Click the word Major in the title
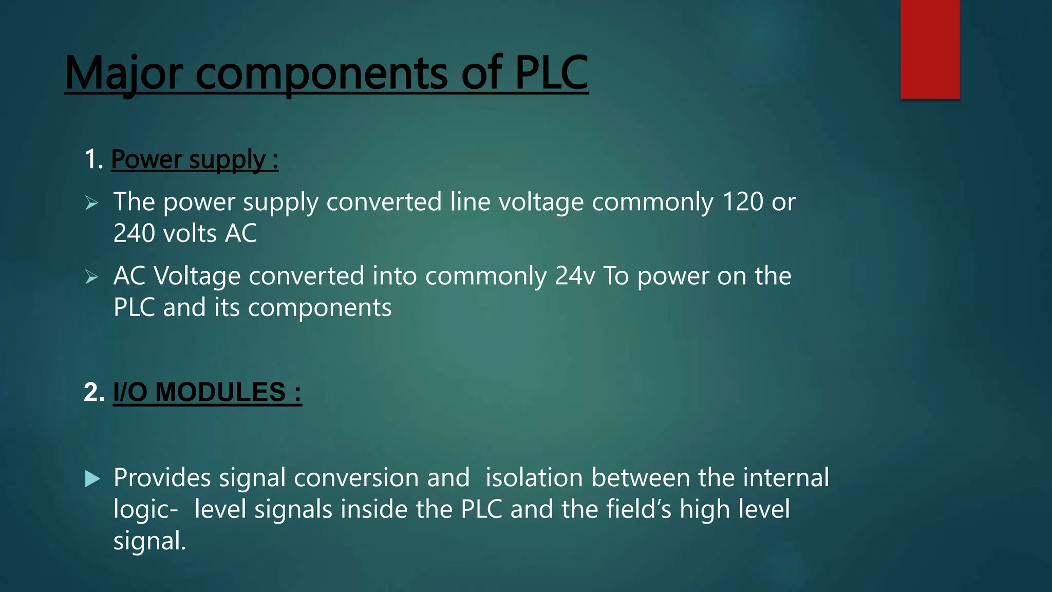(x=123, y=73)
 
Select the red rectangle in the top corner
(x=930, y=49)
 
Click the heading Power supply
(x=194, y=159)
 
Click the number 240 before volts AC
(x=134, y=233)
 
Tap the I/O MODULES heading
(x=207, y=393)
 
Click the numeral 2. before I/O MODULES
(x=94, y=393)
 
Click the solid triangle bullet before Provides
(x=92, y=479)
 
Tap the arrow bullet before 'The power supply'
(x=91, y=203)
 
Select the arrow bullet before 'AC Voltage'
(x=91, y=277)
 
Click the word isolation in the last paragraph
(x=534, y=478)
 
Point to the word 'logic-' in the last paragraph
(x=146, y=510)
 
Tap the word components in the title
(x=322, y=73)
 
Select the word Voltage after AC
(x=197, y=276)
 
